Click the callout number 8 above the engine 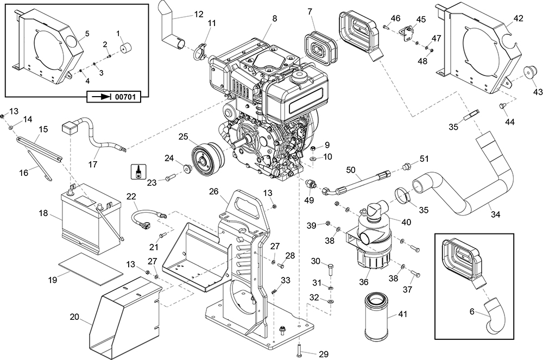[x=275, y=18]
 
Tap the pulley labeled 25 [x=206, y=159]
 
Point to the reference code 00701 [x=125, y=97]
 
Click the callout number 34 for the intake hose [x=495, y=214]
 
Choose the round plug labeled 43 [x=526, y=72]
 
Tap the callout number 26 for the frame [x=213, y=191]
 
